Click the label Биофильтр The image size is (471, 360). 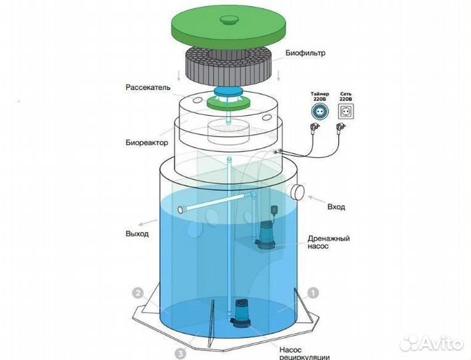[305, 53]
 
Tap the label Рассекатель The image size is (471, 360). [148, 88]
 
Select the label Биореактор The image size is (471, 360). [147, 142]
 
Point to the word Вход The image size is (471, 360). [336, 207]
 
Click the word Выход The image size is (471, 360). [137, 233]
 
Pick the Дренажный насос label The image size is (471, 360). [329, 242]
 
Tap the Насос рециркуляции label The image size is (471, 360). [305, 353]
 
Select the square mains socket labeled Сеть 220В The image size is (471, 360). [346, 112]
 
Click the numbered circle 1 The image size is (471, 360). [314, 293]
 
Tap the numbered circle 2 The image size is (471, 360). [138, 293]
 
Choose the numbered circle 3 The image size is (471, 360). [180, 354]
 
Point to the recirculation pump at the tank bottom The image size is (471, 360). [240, 313]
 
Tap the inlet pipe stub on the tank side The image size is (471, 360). [297, 191]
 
